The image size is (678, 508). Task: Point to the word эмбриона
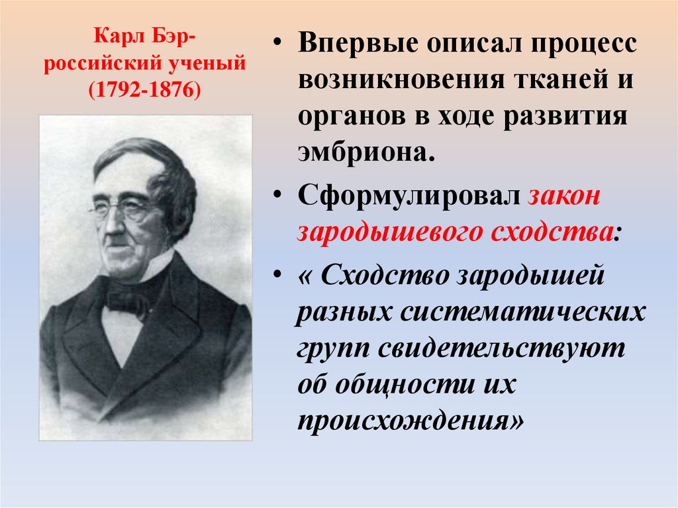[367, 151]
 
